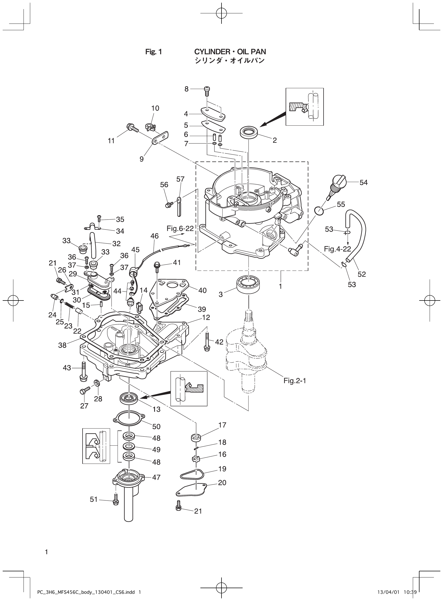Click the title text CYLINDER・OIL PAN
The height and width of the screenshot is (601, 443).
point(230,52)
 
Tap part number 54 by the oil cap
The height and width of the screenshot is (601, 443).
point(363,182)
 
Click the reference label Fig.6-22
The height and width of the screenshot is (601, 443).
point(180,228)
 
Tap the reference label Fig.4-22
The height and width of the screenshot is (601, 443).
point(337,249)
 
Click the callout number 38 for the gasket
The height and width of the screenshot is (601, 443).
point(62,345)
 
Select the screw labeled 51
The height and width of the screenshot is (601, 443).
point(116,502)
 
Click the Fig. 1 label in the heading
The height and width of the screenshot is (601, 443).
point(153,52)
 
